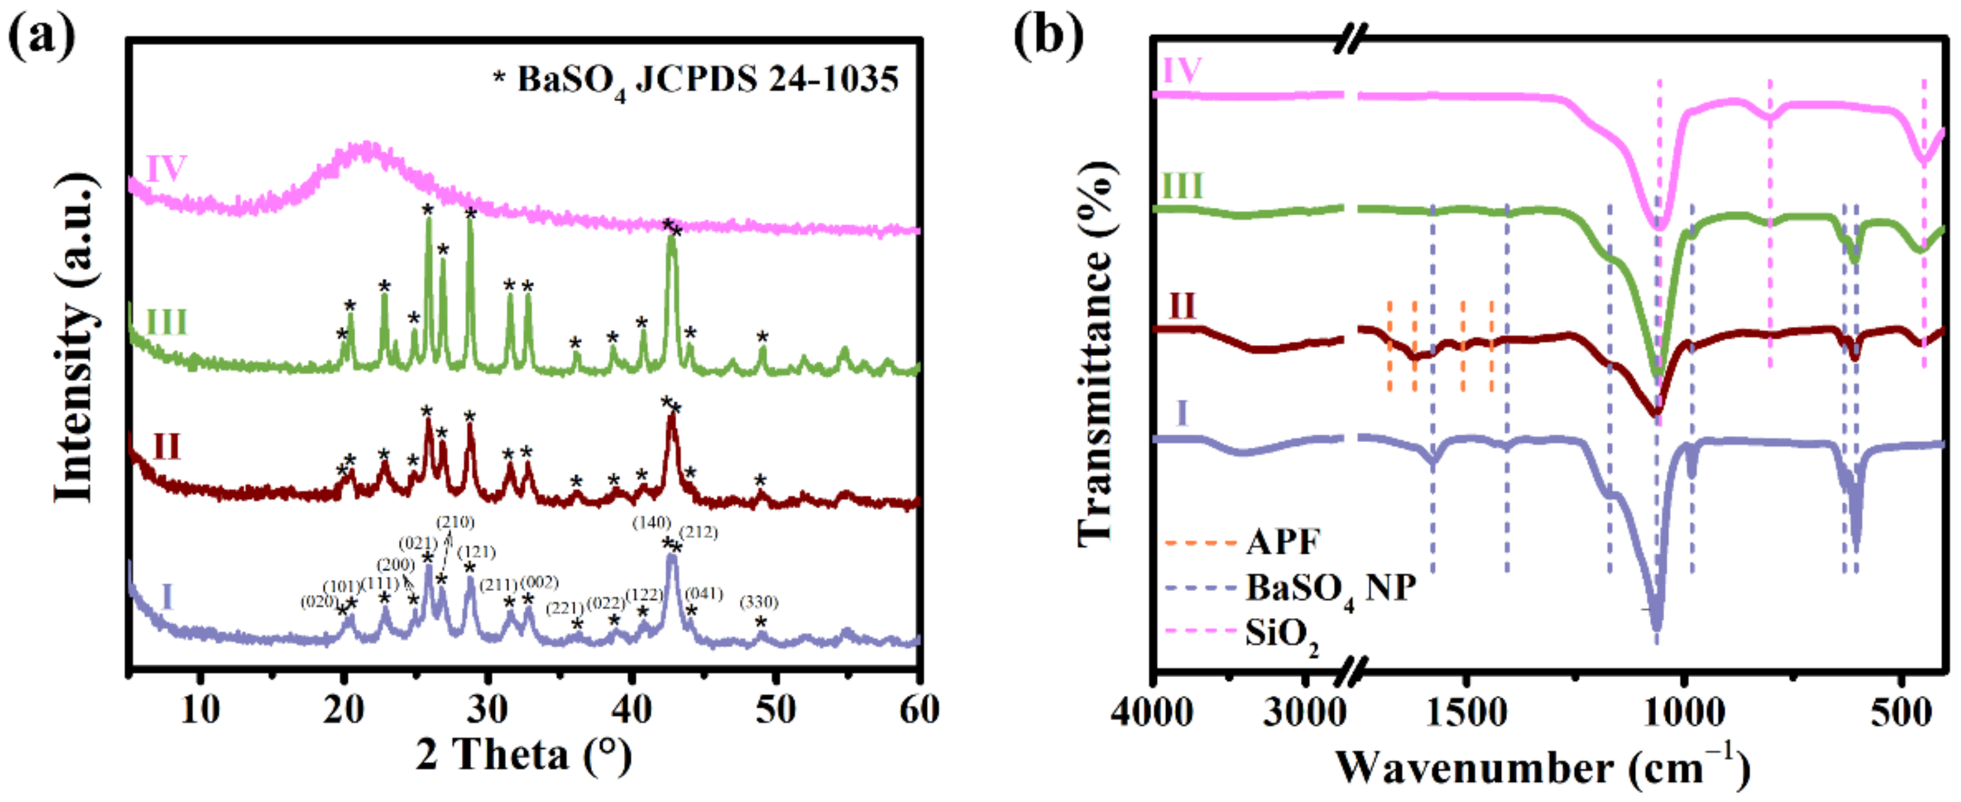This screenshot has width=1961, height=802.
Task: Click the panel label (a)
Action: (42, 36)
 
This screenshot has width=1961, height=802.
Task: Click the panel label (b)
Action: (1048, 36)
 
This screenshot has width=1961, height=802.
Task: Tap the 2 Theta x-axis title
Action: (523, 755)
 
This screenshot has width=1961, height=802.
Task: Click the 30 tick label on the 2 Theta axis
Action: (487, 710)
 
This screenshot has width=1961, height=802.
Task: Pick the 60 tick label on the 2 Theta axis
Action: (919, 710)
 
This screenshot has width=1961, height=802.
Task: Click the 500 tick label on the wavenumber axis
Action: (1900, 713)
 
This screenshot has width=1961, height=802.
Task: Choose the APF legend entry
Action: (1283, 542)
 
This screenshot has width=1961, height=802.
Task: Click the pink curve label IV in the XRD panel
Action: (166, 168)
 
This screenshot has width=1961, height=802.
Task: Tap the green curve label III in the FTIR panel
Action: (1182, 186)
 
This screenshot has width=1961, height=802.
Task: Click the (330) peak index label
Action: (759, 603)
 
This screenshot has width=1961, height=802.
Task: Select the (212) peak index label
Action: (698, 532)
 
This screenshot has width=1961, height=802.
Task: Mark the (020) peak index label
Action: (319, 602)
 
